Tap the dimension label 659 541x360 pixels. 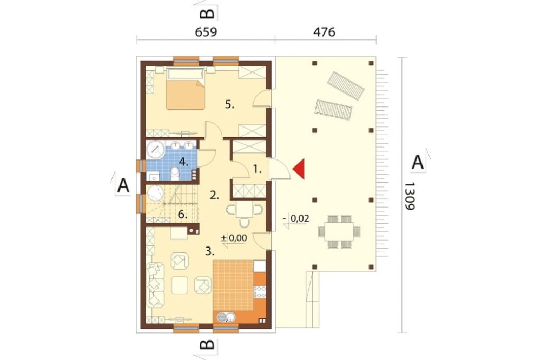[x=206, y=32]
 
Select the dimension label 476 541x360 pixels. [x=324, y=32]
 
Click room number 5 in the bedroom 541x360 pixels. [x=229, y=104]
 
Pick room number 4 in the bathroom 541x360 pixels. [x=183, y=162]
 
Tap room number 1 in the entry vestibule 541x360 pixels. [x=258, y=169]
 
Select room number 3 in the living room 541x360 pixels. [x=210, y=251]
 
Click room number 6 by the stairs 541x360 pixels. [x=182, y=215]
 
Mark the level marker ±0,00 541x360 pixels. [x=234, y=238]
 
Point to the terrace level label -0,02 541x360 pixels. [x=296, y=218]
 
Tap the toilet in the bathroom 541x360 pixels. [x=175, y=174]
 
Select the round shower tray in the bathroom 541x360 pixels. [x=156, y=150]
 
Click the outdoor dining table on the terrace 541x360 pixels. [x=339, y=231]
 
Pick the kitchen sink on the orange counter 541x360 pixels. [x=226, y=317]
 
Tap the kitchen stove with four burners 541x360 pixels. [x=260, y=292]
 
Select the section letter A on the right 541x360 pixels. [x=418, y=162]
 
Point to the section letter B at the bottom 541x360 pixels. [x=207, y=344]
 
